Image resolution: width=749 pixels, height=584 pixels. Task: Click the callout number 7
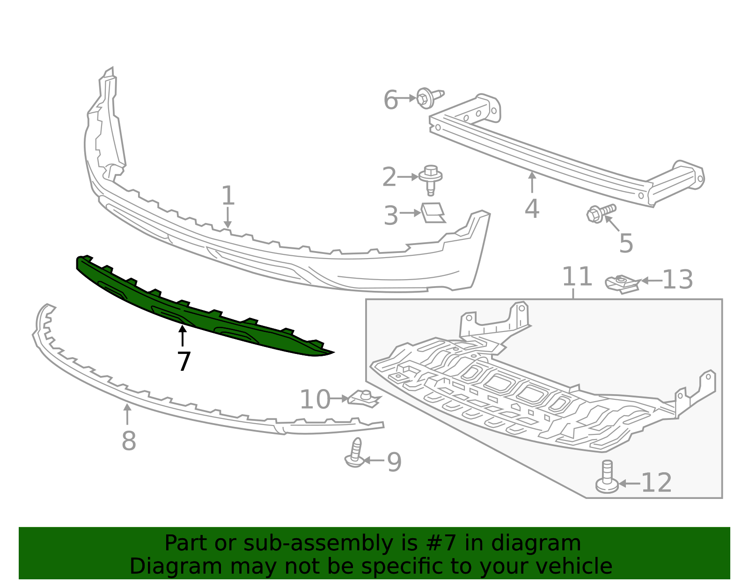184,361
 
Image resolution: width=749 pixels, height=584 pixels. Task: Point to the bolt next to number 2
431,180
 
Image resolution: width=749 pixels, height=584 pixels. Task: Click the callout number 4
532,209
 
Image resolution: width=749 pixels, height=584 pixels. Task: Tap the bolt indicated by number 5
601,213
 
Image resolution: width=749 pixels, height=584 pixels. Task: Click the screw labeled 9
355,453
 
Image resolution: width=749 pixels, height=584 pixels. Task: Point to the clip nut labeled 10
364,399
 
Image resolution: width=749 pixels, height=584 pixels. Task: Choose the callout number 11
577,276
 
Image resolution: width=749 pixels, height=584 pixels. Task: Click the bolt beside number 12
607,477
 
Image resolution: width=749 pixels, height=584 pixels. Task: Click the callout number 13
678,280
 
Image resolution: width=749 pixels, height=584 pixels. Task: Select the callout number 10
315,399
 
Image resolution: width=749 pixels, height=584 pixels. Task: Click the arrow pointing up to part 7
183,336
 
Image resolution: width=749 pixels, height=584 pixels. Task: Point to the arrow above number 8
127,414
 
